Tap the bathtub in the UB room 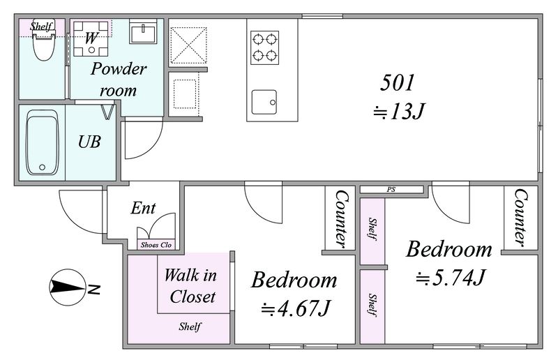point(42,143)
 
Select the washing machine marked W point(91,38)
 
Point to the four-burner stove point(264,47)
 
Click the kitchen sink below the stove point(264,102)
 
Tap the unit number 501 point(397,82)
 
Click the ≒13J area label point(398,111)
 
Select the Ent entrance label point(143,208)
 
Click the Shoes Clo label point(156,245)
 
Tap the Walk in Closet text point(191,286)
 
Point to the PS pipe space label point(391,190)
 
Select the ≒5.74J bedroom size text point(451,277)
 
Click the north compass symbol point(68,287)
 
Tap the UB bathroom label point(89,142)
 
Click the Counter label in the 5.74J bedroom point(520,217)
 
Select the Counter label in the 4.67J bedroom point(342,218)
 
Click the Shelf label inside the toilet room point(42,26)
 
